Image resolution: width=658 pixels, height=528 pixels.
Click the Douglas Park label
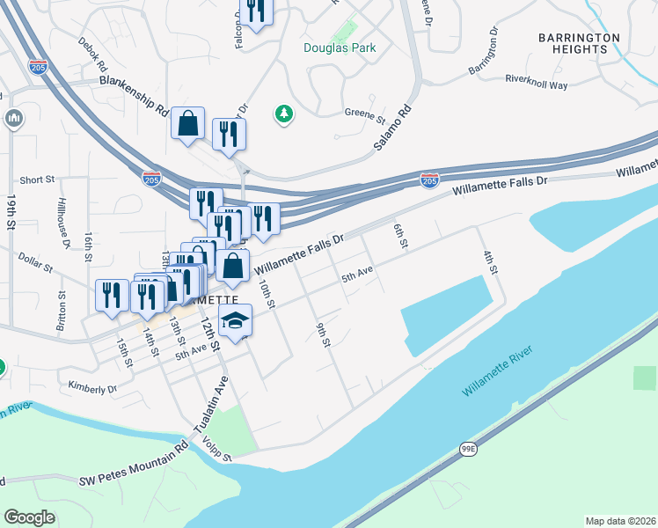point(340,48)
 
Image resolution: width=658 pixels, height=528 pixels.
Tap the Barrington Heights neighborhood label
point(580,43)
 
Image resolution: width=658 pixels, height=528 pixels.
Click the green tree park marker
point(283,114)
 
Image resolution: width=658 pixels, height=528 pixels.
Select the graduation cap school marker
point(235,321)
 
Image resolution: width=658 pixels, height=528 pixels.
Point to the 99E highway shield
point(469,449)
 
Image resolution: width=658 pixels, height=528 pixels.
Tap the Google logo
point(29,517)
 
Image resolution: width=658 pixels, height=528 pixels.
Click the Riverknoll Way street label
point(536,82)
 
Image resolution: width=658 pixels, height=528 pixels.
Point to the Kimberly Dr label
point(92,387)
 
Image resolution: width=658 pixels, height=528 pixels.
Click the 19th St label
point(11,214)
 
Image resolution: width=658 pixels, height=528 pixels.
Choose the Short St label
point(37,180)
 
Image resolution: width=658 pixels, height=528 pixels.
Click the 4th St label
point(489,261)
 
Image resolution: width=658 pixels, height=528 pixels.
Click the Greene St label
point(365,115)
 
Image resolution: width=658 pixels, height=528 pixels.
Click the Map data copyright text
point(621,520)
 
